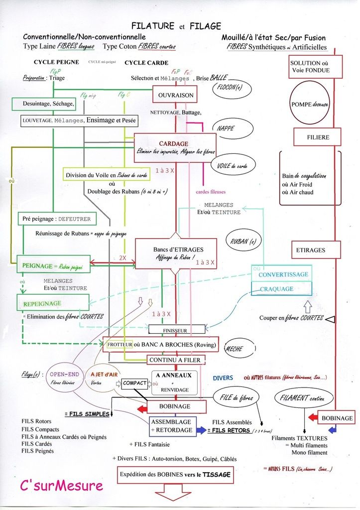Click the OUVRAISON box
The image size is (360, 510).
(172, 95)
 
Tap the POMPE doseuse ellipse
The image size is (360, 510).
(309, 105)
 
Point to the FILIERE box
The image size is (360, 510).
(317, 137)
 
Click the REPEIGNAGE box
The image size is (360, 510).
(53, 303)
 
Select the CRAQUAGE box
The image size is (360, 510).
(277, 288)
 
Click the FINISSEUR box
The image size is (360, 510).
(177, 329)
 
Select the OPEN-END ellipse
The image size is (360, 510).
(65, 380)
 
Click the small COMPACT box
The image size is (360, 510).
(135, 383)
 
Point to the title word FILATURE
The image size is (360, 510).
(152, 26)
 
